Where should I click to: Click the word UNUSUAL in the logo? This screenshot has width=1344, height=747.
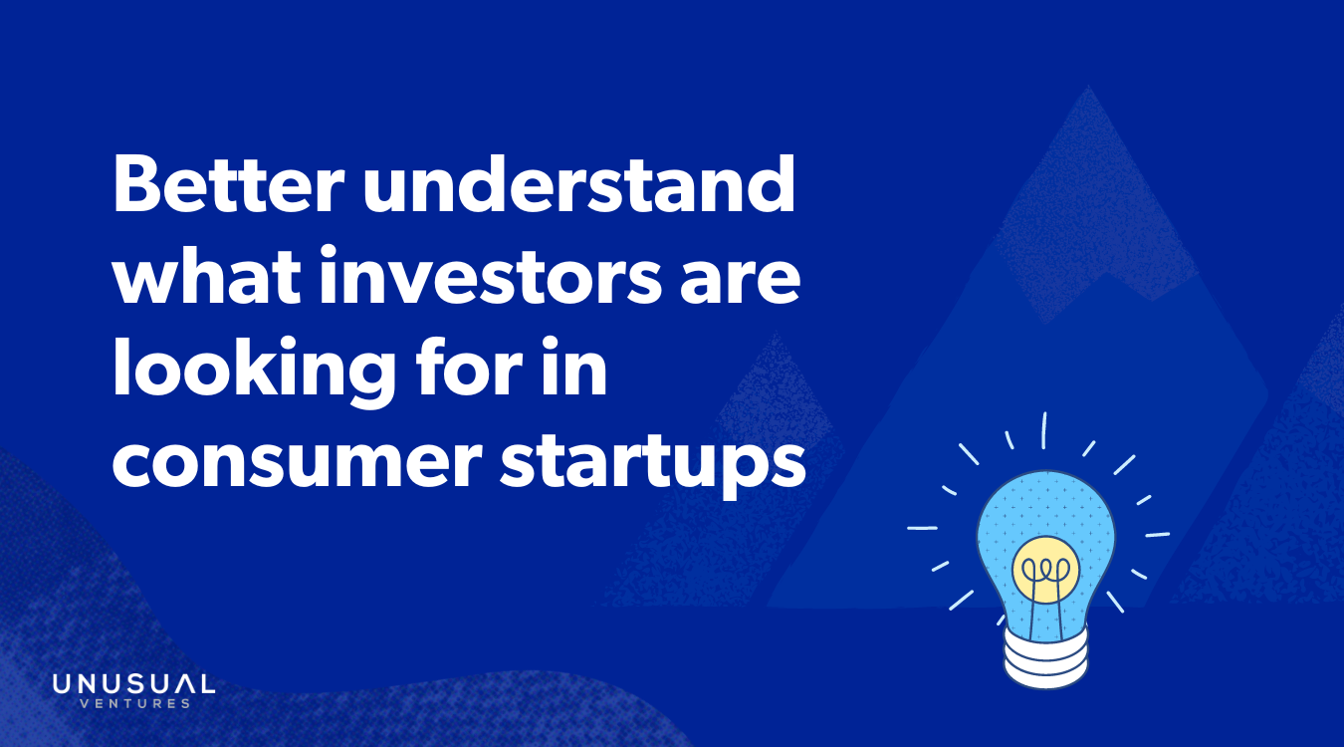click(133, 685)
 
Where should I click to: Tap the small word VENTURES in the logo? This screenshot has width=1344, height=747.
click(133, 704)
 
